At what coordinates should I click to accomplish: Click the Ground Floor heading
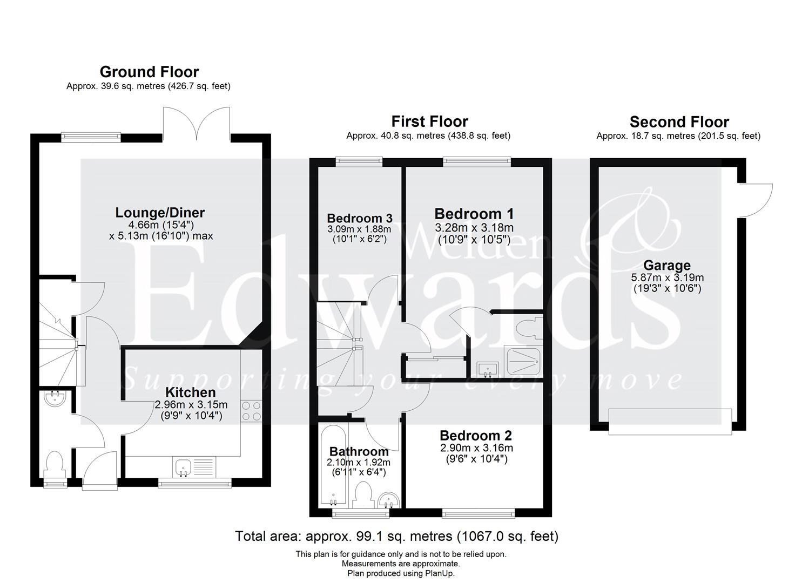(149, 72)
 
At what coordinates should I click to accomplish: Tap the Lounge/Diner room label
(160, 212)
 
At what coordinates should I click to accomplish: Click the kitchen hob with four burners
(251, 410)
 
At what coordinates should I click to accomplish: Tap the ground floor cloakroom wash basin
(55, 398)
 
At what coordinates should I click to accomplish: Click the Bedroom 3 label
(360, 218)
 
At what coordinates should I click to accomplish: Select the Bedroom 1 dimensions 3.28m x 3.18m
(474, 227)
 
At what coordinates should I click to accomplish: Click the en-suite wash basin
(488, 369)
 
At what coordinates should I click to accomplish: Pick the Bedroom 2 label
(476, 435)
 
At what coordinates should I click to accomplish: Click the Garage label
(667, 265)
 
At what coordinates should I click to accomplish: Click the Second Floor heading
(679, 122)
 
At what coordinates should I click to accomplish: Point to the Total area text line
(396, 536)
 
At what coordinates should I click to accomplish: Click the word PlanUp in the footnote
(442, 573)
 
